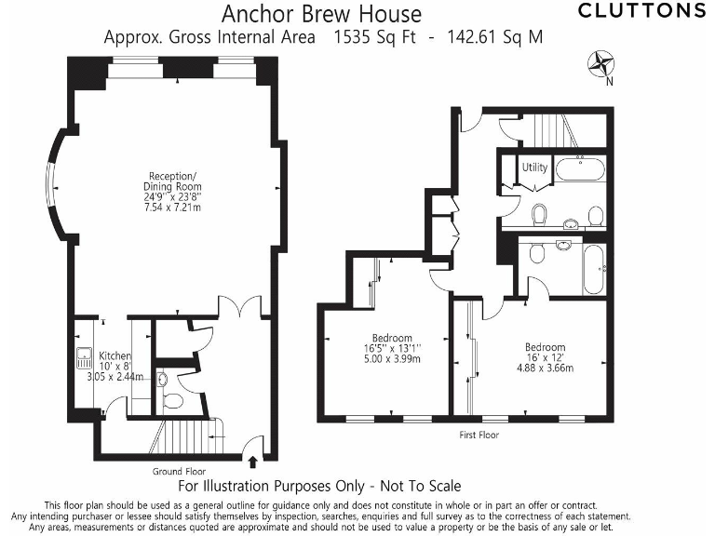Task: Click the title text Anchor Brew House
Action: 321,14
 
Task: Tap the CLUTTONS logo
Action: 641,11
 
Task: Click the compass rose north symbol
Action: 601,64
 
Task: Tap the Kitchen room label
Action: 116,356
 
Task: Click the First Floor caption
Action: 479,435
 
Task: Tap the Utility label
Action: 534,168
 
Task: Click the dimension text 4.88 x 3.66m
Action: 545,368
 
